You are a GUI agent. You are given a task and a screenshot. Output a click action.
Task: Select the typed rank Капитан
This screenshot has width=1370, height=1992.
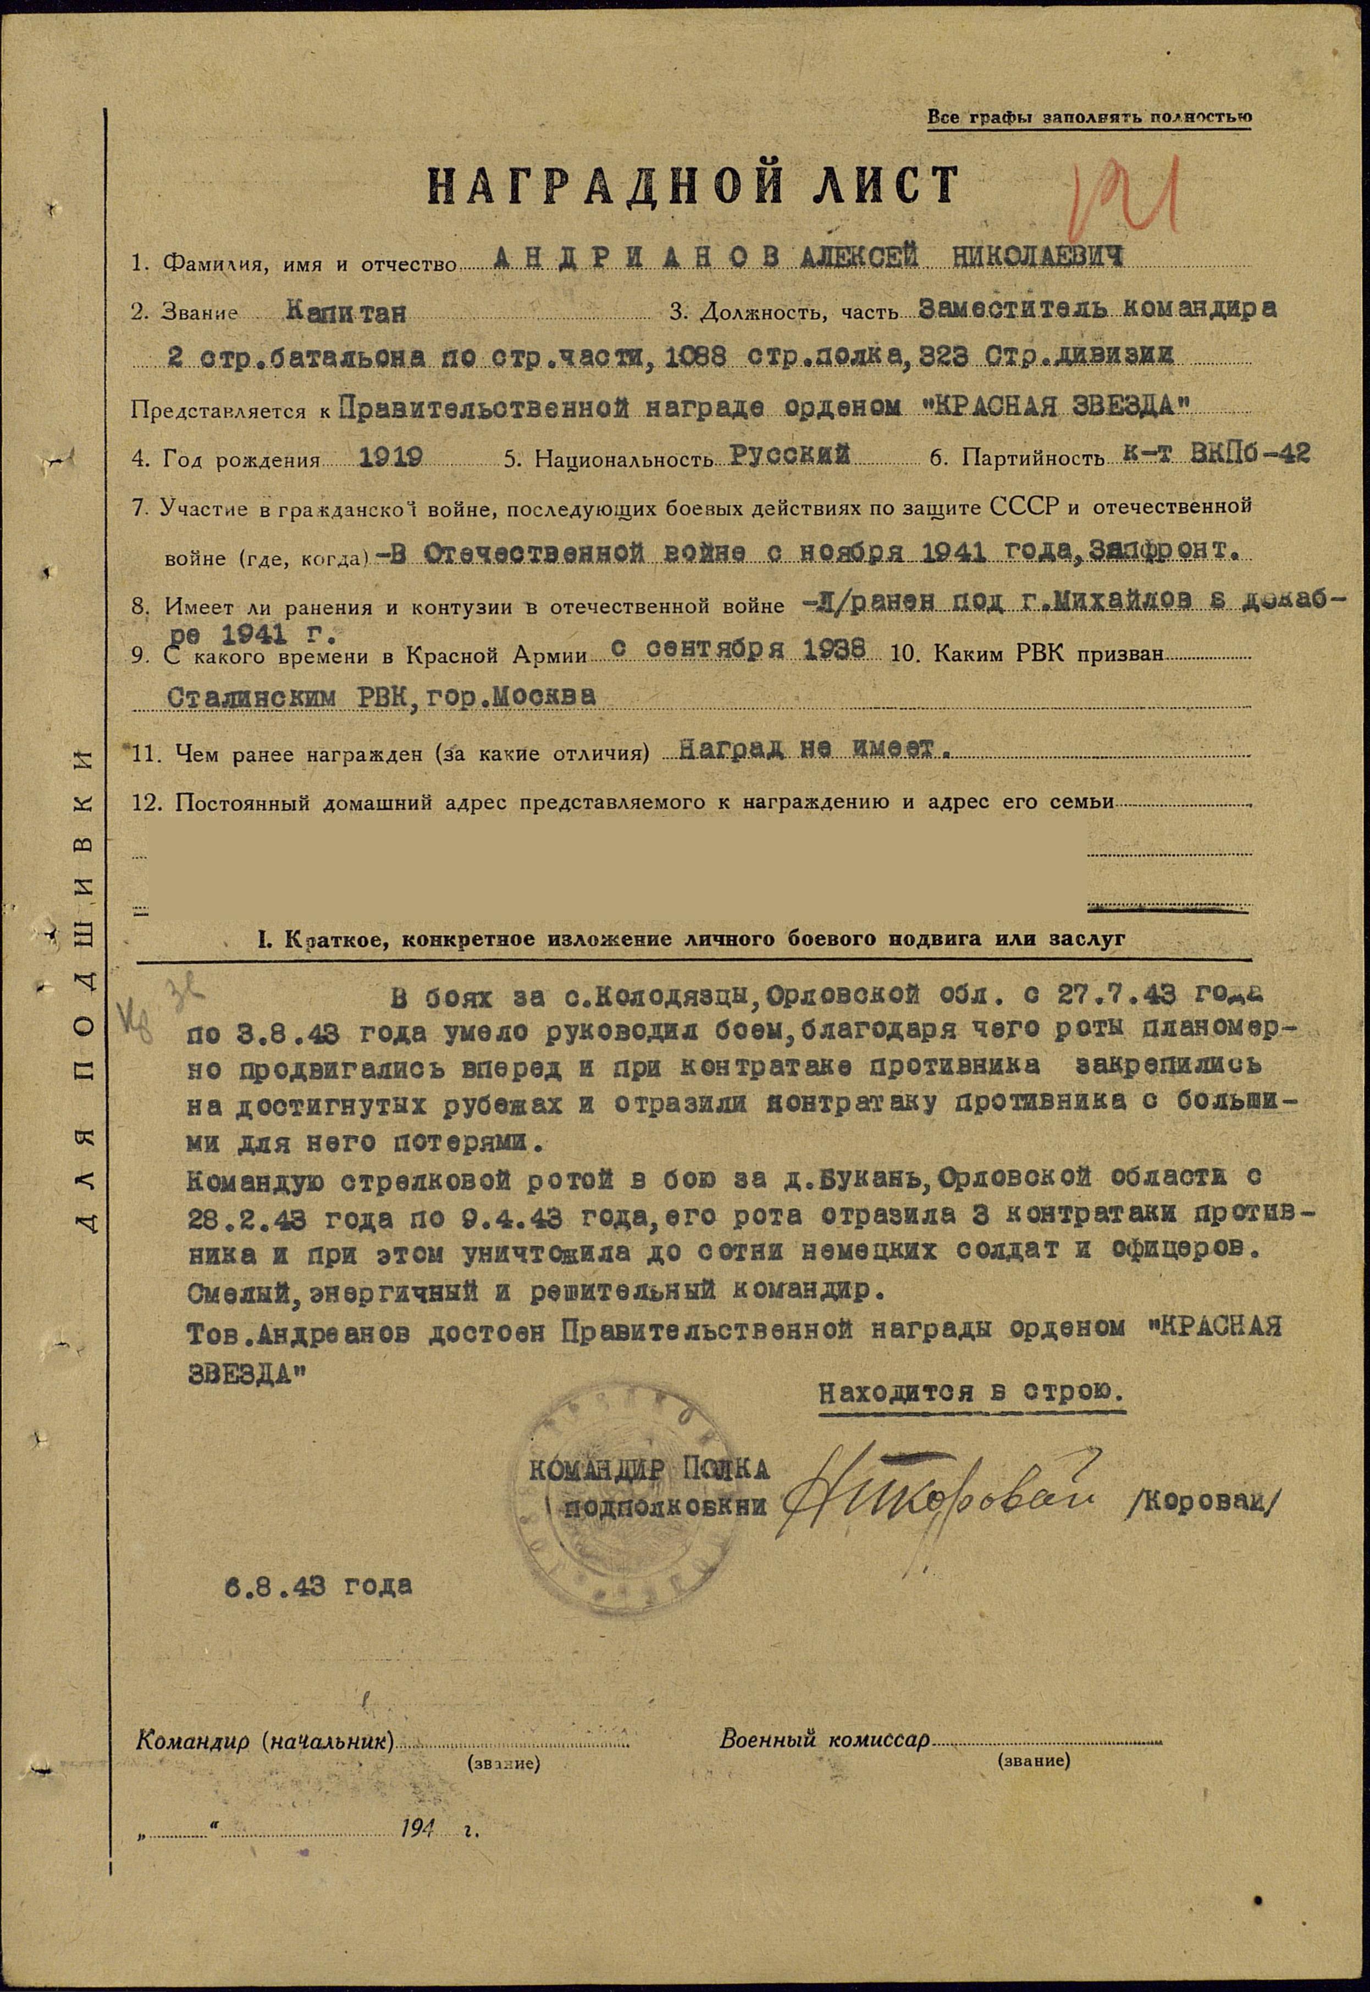tap(346, 312)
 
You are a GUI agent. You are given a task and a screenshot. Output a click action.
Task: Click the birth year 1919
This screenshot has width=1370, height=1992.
tap(390, 457)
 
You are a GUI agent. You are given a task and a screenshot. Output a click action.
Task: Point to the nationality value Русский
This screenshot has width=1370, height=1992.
tap(789, 455)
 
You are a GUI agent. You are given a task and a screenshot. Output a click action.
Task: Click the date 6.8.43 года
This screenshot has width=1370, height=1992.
tap(318, 1585)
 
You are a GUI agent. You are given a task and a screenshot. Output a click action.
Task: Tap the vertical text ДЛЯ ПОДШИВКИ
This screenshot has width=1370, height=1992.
tap(83, 987)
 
